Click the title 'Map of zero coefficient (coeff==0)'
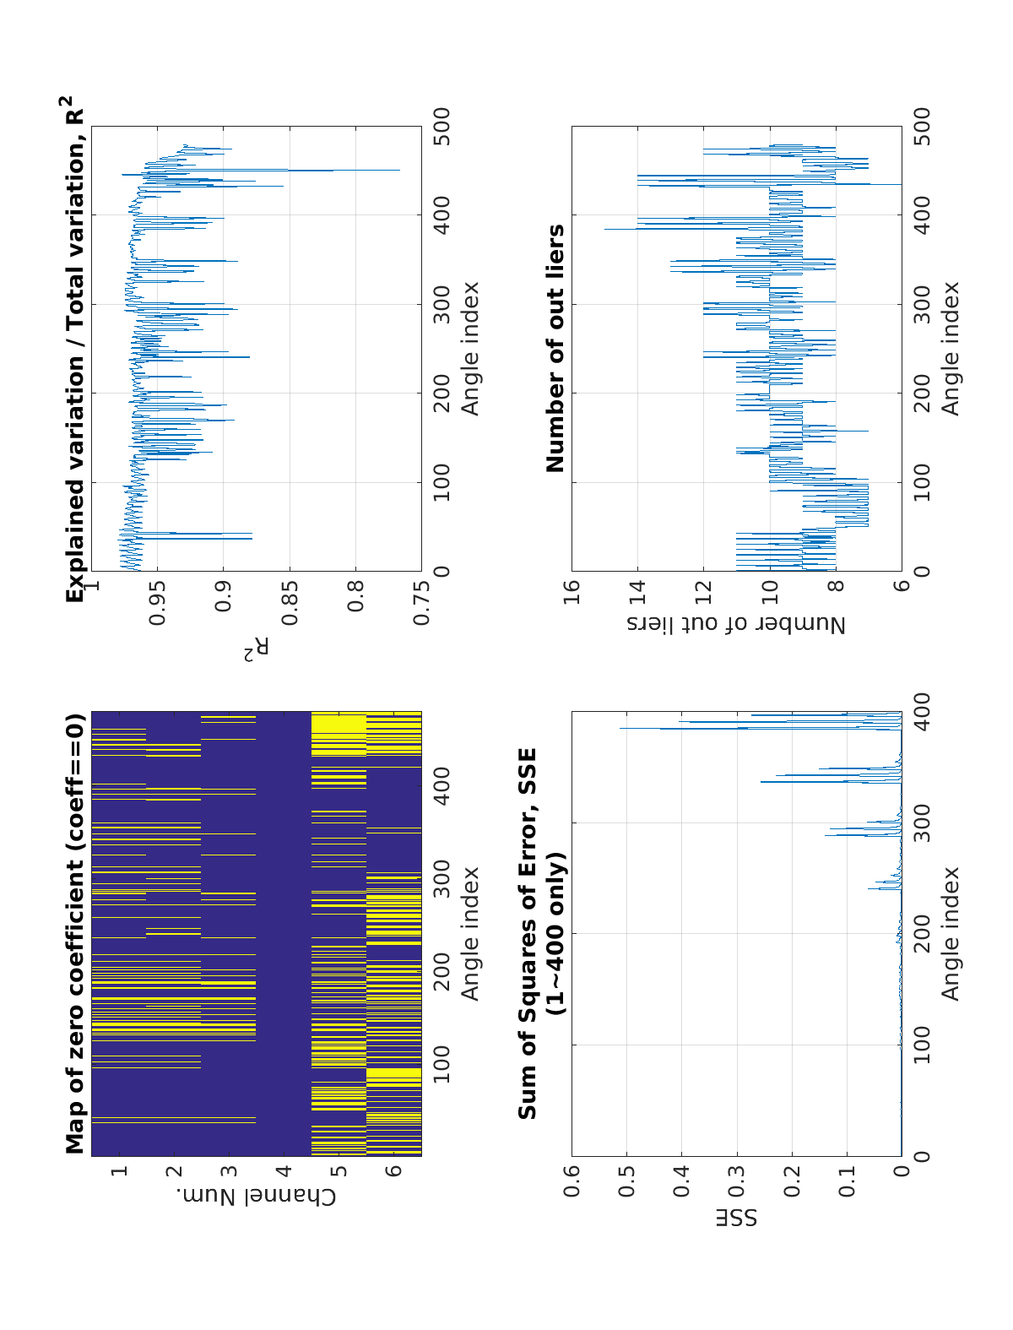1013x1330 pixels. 76,933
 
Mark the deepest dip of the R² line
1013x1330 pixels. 399,171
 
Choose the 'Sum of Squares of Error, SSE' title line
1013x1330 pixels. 528,933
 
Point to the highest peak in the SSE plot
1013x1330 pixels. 620,729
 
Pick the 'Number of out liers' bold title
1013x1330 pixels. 555,348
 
